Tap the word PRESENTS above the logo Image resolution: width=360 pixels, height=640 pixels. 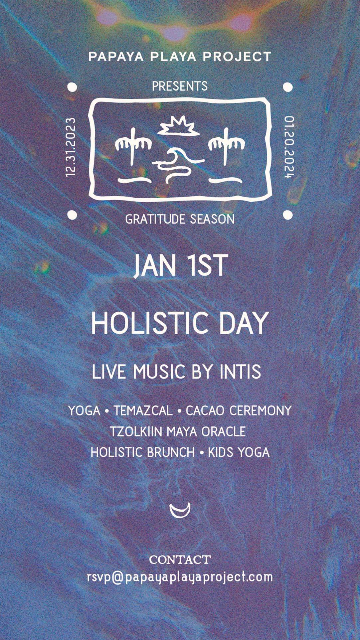180,86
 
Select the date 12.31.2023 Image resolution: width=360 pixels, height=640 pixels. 71,147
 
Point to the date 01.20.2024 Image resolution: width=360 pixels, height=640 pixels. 289,147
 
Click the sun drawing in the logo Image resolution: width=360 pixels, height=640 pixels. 178,126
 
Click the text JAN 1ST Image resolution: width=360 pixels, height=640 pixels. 181,266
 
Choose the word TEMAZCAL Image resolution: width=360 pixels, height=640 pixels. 143,411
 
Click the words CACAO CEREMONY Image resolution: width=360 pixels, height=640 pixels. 239,411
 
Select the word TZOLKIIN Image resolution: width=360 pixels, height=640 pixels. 136,432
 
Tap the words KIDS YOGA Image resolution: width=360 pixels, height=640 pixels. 239,453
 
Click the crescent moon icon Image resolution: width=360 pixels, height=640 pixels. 180,510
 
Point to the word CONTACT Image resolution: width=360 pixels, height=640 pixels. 180,560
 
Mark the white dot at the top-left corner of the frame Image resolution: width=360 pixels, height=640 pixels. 72,87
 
